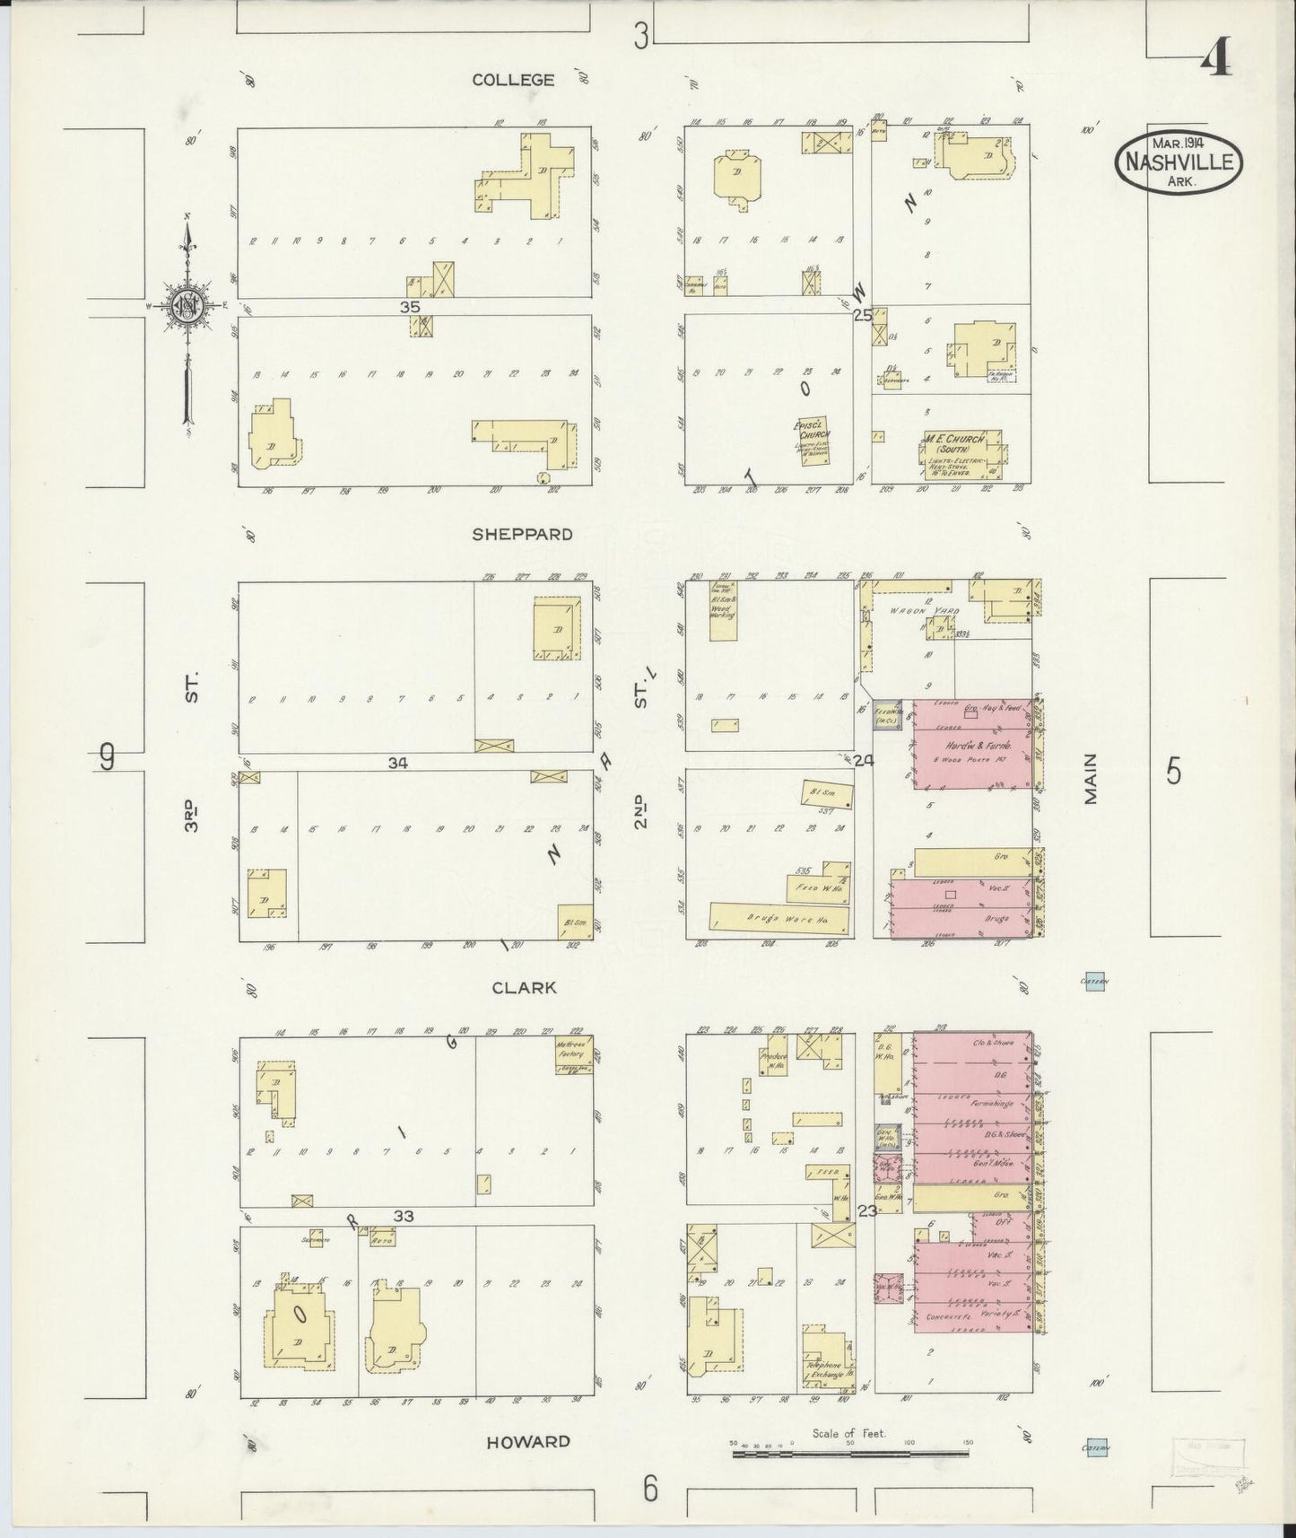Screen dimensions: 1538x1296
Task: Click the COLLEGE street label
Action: [513, 80]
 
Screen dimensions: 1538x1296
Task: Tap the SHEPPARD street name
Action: [522, 534]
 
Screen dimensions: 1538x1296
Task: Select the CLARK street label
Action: [524, 987]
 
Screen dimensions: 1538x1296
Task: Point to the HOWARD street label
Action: [527, 1442]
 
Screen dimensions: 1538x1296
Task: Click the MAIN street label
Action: [1092, 779]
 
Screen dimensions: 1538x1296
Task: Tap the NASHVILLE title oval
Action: [1179, 162]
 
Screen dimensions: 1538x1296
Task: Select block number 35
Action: [411, 306]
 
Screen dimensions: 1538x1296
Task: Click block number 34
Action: [398, 763]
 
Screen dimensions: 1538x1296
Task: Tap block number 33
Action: [404, 1216]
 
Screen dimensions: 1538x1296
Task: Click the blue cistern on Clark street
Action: [1092, 980]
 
